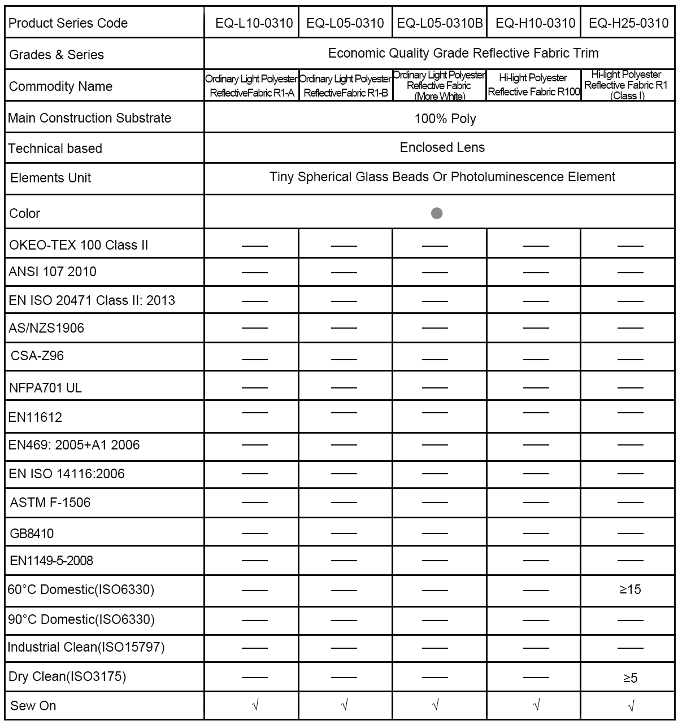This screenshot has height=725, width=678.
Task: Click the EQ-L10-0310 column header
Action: click(x=254, y=23)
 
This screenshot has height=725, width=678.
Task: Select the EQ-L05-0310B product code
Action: click(x=440, y=23)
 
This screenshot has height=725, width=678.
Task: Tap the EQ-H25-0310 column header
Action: click(x=628, y=23)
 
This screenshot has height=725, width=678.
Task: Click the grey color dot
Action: click(x=437, y=213)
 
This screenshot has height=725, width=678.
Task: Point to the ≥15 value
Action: click(x=630, y=589)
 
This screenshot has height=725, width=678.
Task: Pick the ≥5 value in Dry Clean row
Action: click(x=630, y=678)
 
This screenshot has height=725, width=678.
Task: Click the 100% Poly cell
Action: click(x=445, y=119)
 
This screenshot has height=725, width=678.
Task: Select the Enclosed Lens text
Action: click(x=442, y=147)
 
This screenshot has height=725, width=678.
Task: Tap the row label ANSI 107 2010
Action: click(x=53, y=272)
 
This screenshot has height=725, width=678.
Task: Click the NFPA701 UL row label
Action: click(x=45, y=388)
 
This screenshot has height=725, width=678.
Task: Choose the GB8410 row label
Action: click(x=32, y=534)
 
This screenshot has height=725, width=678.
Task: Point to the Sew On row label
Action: click(x=33, y=706)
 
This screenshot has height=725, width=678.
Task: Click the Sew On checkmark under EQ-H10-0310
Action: click(x=536, y=705)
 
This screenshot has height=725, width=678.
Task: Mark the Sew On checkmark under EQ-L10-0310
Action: click(x=255, y=705)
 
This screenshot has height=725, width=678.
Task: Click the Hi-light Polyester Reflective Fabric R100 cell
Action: click(x=533, y=85)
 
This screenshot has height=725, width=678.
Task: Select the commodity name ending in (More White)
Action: click(x=439, y=86)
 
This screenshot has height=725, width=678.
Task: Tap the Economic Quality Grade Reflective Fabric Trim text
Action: click(x=463, y=53)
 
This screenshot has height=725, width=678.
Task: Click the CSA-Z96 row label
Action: click(x=37, y=356)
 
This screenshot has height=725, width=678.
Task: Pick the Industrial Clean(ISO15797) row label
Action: click(x=86, y=647)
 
